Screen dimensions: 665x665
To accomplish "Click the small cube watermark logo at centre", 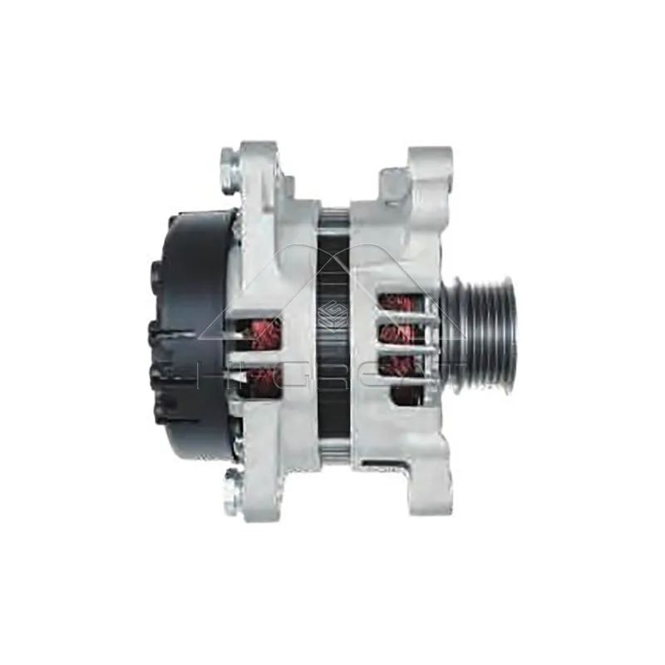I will coord(337,315).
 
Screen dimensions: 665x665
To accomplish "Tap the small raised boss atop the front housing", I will coord(396,180).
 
